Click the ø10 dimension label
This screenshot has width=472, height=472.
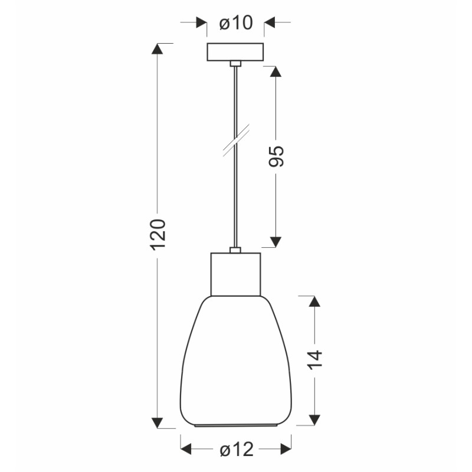(236, 23)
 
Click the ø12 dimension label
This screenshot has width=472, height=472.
(236, 450)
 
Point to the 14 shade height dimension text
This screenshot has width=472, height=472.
(315, 360)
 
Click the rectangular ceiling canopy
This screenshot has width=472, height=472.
(235, 52)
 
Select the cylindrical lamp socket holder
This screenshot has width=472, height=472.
(235, 273)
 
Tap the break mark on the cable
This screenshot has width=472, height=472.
(236, 140)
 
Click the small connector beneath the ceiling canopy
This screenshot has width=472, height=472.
(235, 63)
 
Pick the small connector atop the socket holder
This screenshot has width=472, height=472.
(235, 250)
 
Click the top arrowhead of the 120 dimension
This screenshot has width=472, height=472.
(157, 49)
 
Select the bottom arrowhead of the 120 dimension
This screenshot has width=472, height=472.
(157, 421)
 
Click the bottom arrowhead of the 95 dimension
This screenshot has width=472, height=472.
(275, 241)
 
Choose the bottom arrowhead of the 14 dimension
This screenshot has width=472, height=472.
(314, 419)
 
